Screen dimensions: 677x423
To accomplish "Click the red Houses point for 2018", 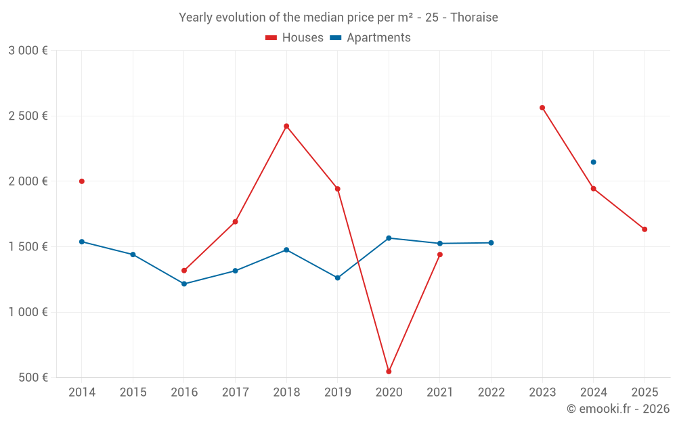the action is [x=286, y=127].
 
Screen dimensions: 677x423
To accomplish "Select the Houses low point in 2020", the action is [x=389, y=371].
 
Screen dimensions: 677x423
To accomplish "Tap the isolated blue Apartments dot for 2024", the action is [x=593, y=162].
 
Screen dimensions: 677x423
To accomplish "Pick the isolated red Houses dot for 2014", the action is [x=82, y=181].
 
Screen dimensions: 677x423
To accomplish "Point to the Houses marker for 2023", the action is [x=542, y=108].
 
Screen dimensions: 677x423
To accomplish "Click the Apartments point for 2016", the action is [x=184, y=284].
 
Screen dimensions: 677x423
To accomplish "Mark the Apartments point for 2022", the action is [x=491, y=243].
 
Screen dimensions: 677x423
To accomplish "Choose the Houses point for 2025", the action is [x=645, y=229].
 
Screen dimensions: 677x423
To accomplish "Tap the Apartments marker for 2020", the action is [x=389, y=238].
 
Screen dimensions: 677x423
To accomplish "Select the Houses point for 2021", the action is [x=440, y=254].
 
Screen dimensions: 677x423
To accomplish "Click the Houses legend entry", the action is [x=294, y=37].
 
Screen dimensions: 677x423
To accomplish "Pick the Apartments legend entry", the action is [x=370, y=37].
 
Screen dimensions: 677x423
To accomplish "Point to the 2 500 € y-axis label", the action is [x=28, y=116].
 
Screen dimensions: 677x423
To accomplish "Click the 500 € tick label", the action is [x=33, y=377].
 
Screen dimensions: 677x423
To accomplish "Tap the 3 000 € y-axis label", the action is [x=28, y=51].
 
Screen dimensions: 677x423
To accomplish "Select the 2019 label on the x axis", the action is [x=338, y=393].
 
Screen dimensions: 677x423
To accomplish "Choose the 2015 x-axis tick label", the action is [x=133, y=393].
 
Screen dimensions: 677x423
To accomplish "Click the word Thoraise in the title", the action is [x=474, y=18].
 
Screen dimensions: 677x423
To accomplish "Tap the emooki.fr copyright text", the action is [x=618, y=409].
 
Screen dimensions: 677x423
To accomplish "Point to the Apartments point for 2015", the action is [x=133, y=254].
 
